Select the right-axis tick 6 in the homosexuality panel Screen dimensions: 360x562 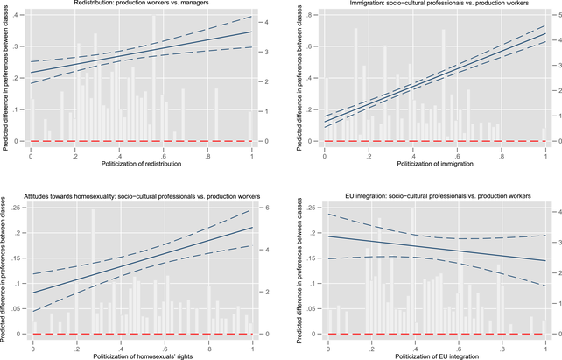pyautogui.click(x=267, y=206)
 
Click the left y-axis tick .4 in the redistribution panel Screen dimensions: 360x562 pyautogui.click(x=20, y=17)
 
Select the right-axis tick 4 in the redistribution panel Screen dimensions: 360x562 pyautogui.click(x=267, y=17)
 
